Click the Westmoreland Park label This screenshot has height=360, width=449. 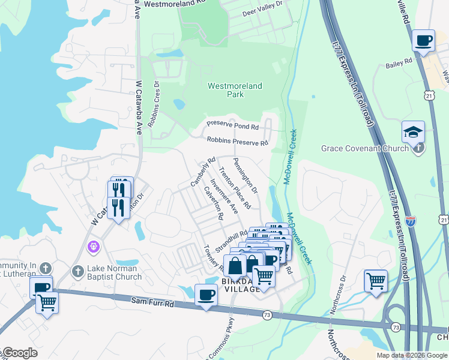click(x=235, y=90)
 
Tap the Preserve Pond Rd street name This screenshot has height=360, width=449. click(x=232, y=127)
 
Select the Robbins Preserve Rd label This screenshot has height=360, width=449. click(x=237, y=142)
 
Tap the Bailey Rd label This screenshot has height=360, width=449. click(x=399, y=62)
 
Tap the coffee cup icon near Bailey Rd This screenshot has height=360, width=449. click(x=424, y=41)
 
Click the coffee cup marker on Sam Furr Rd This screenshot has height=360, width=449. click(x=206, y=295)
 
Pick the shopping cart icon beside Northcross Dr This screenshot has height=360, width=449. click(x=376, y=280)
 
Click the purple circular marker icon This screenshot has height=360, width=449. click(x=93, y=246)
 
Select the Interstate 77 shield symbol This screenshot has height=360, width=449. click(x=411, y=221)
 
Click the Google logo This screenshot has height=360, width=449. click(x=19, y=353)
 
